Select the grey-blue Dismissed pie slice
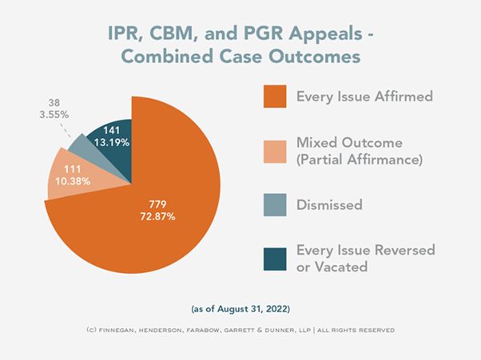coord(81,144)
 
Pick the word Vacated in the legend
coord(340,267)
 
